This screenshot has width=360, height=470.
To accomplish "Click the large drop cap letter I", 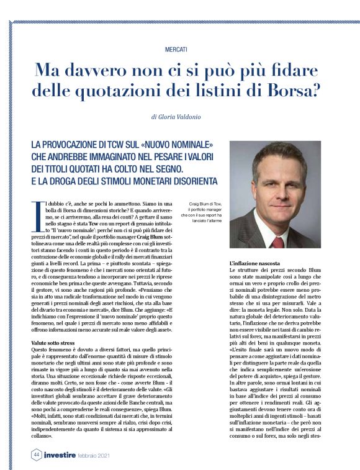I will (35, 214).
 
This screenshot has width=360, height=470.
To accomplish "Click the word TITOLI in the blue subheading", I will (57, 168).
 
